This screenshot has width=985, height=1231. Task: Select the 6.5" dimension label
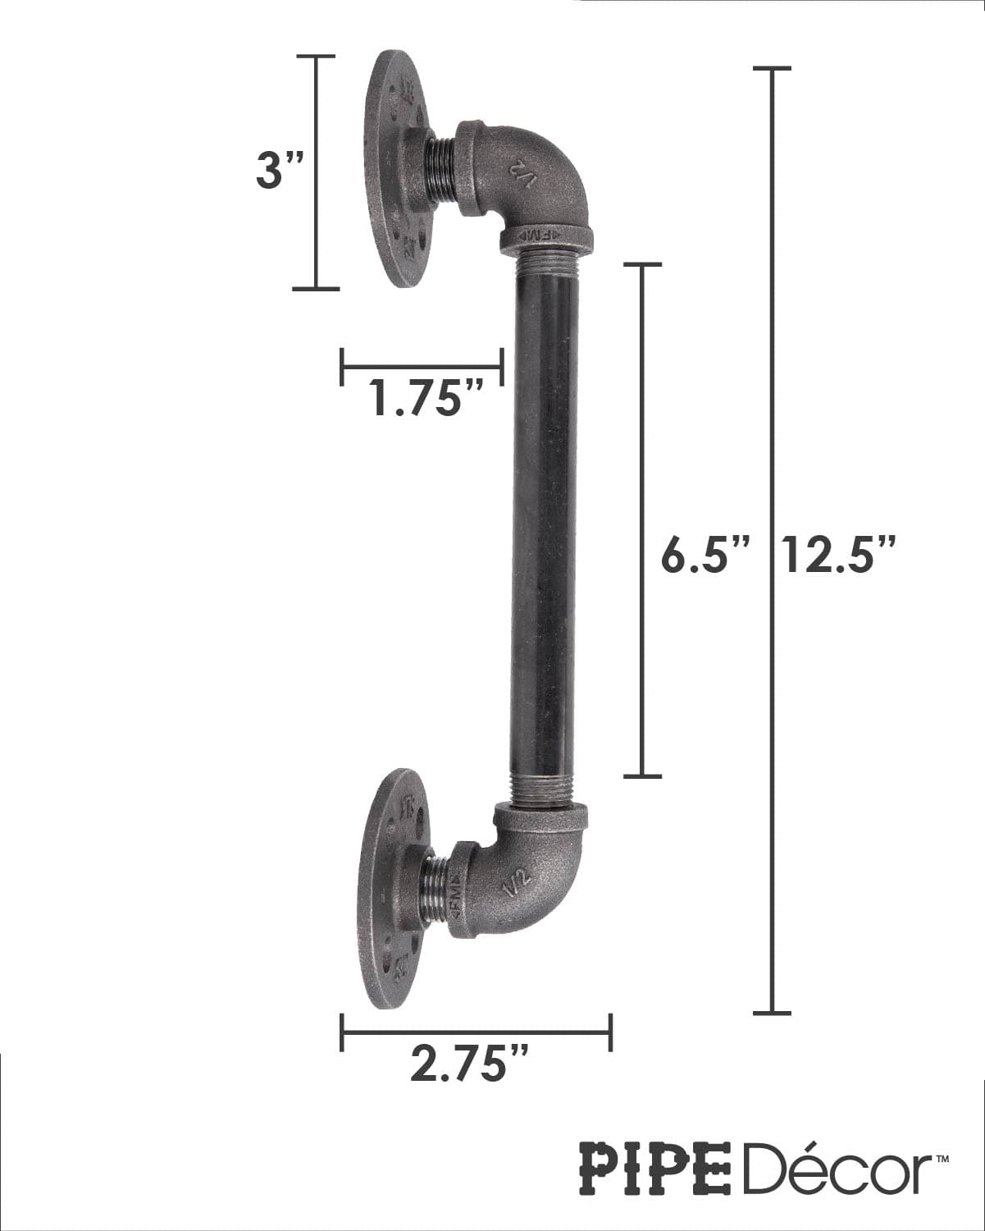pyautogui.click(x=706, y=557)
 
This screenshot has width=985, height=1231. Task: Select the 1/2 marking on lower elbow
pyautogui.click(x=519, y=885)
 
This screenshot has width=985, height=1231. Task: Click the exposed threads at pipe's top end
pyautogui.click(x=547, y=264)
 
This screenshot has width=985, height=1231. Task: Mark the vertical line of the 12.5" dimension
pyautogui.click(x=771, y=328)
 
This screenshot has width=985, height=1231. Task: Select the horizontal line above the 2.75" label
pyautogui.click(x=476, y=1032)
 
